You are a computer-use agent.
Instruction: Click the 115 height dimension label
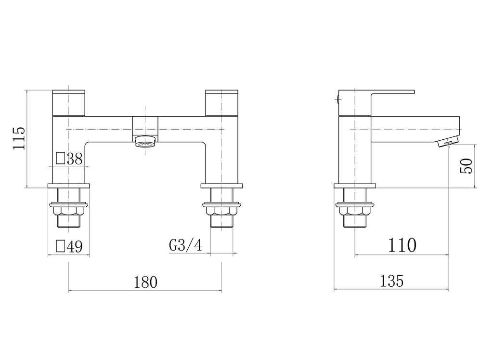[18, 138]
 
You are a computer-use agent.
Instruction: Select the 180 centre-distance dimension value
[145, 281]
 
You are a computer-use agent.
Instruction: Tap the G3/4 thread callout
[185, 245]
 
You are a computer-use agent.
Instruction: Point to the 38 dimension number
[74, 159]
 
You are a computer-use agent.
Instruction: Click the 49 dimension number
[74, 247]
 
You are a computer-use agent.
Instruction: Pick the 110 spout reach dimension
[402, 245]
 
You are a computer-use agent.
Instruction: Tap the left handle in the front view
[68, 103]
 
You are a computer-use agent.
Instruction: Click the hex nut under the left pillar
[69, 210]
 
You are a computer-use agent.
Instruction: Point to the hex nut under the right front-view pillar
[221, 210]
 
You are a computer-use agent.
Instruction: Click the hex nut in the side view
[355, 210]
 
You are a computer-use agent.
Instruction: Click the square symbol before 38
[61, 159]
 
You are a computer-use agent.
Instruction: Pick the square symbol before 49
[61, 246]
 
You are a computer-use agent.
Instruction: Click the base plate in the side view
[355, 186]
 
